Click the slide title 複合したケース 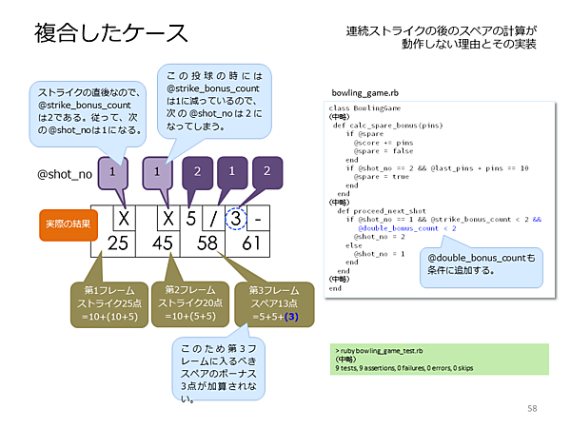(111, 33)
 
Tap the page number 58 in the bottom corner (532, 408)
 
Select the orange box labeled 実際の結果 (64, 224)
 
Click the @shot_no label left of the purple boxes (64, 175)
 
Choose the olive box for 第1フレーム (108, 302)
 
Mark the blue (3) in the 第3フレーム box (291, 317)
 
